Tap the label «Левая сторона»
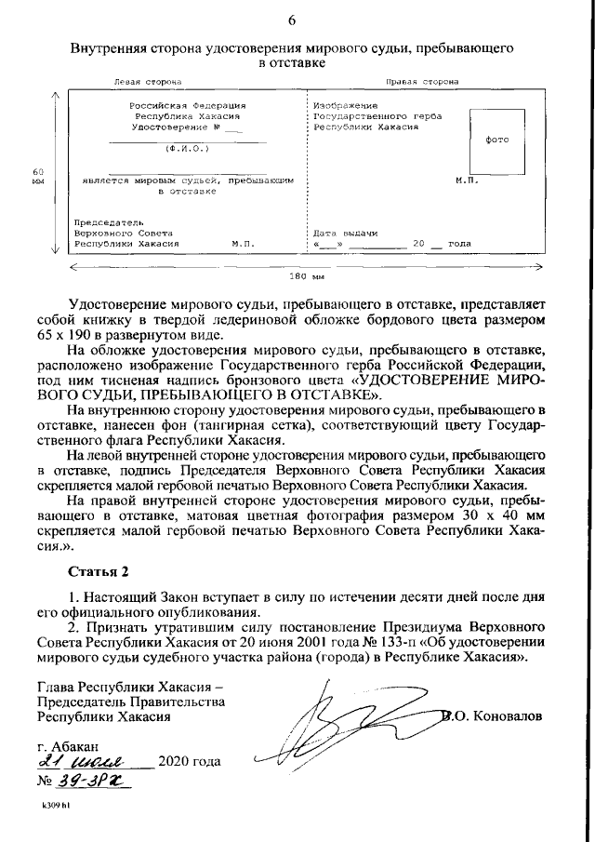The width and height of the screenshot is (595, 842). pos(141,82)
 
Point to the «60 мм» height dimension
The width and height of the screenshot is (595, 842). pos(38,177)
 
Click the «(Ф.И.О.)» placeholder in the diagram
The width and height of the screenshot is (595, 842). pos(187,148)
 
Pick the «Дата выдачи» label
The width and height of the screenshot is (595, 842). pos(345,232)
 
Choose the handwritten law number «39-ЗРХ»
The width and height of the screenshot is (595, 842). pos(97,781)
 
